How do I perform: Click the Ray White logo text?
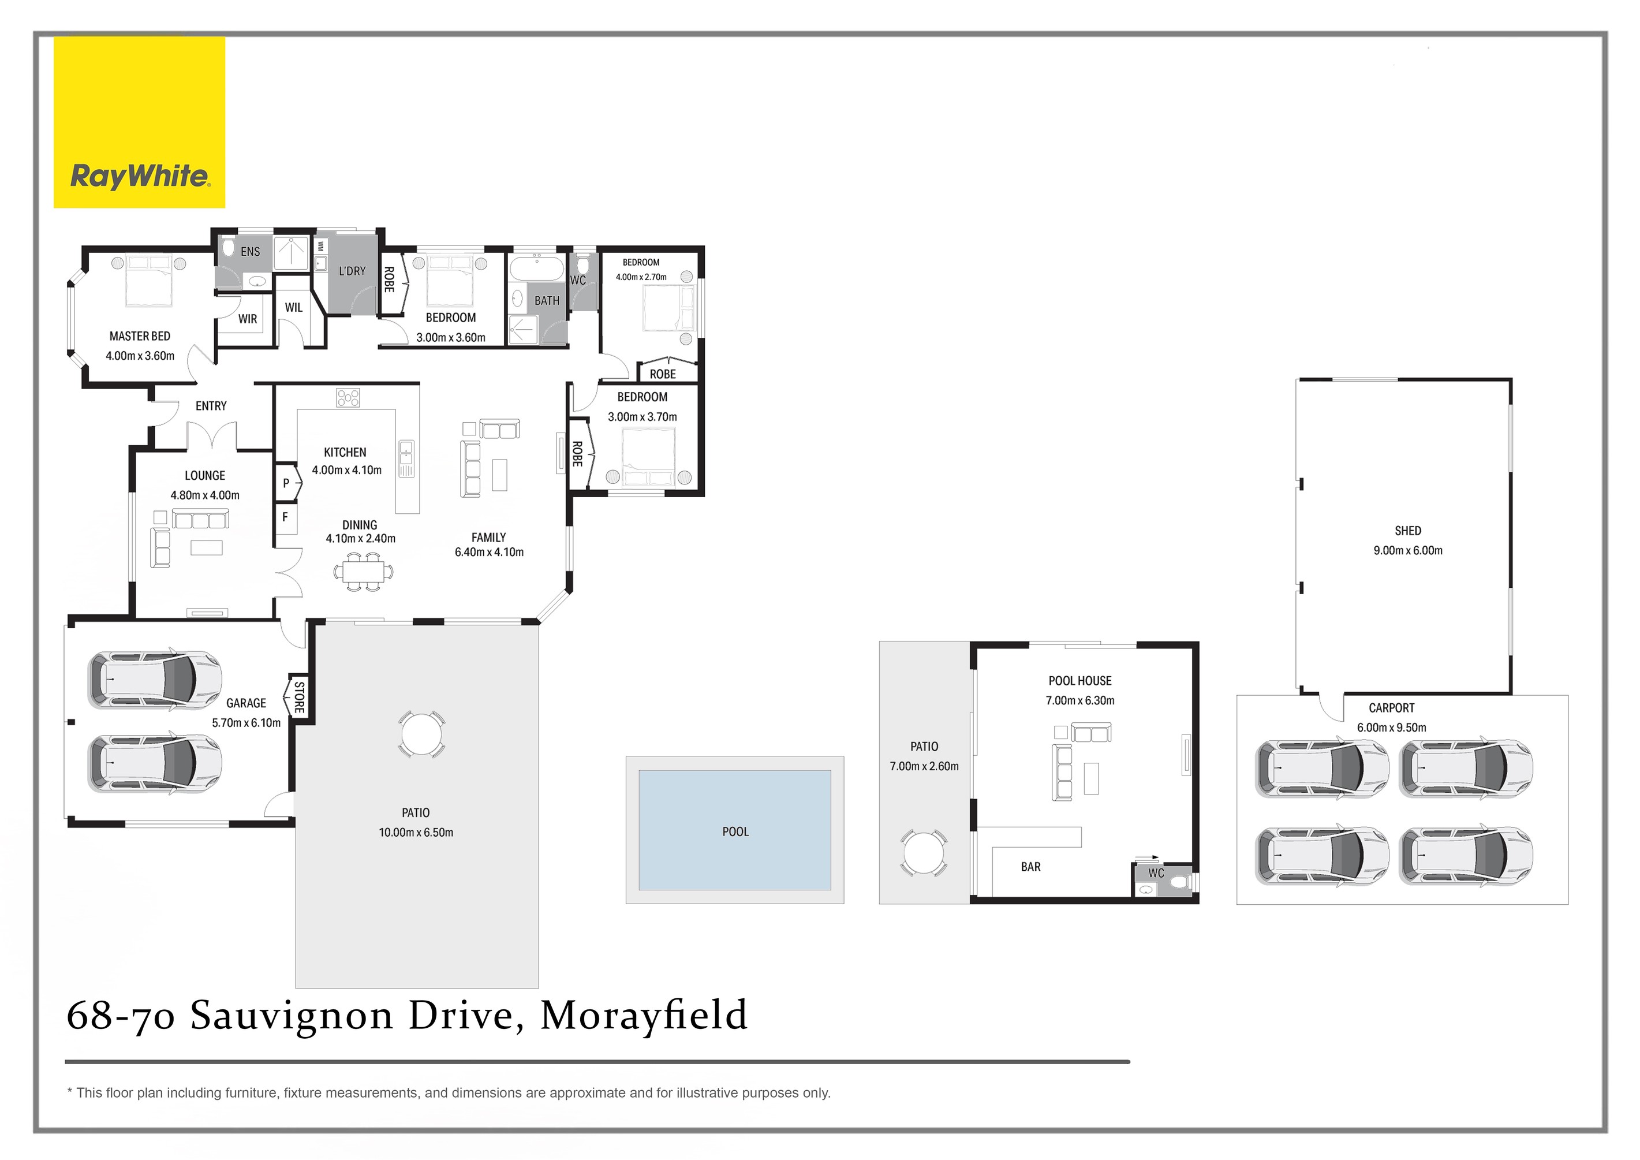(140, 176)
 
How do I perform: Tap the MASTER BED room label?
(140, 335)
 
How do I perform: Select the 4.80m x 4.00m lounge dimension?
(205, 495)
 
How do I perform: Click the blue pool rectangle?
(734, 830)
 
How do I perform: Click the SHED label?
(1407, 531)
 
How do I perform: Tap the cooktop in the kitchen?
(348, 398)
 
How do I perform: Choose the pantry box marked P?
(286, 483)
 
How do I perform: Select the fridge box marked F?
(286, 516)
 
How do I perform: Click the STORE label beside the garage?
(299, 697)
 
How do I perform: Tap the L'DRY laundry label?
(352, 271)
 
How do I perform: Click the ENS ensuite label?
(250, 251)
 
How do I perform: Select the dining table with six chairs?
(364, 572)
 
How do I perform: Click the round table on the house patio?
(422, 733)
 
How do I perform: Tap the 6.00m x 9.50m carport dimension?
(1391, 727)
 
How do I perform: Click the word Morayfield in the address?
(644, 1015)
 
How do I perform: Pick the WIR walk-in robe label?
(248, 319)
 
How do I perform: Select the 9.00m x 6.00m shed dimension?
(1407, 550)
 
